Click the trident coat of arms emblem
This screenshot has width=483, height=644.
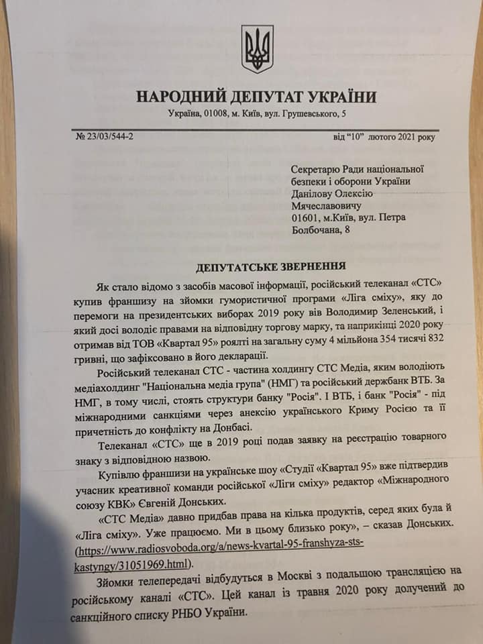point(257,49)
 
